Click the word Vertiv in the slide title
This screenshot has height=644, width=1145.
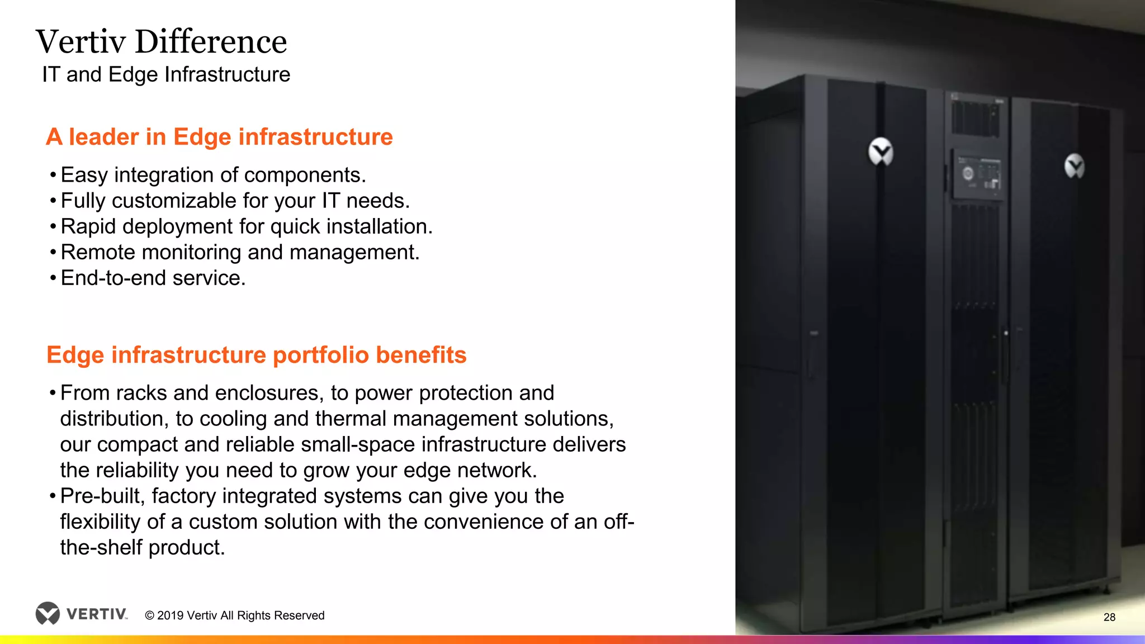(81, 42)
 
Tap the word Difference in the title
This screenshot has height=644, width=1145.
(211, 42)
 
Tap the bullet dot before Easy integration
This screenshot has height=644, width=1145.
(53, 176)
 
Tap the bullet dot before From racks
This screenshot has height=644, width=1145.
(53, 394)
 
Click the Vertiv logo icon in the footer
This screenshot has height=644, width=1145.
(48, 613)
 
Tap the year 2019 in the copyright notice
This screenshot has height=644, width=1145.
(170, 615)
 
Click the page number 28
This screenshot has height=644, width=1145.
(1109, 617)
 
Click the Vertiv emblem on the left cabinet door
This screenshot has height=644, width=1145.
(881, 151)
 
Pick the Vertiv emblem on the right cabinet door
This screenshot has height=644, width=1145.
(1074, 166)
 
